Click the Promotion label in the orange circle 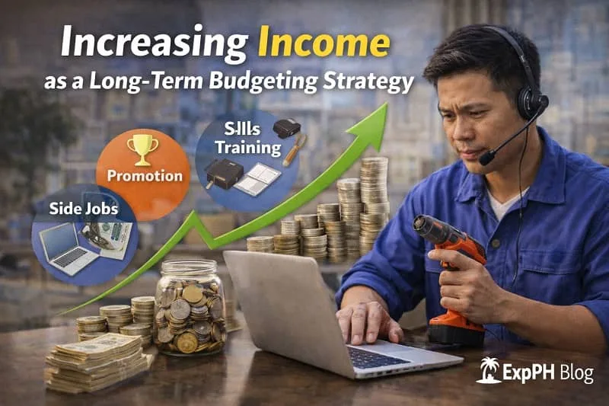pos(145,176)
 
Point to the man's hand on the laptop pos(368,320)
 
